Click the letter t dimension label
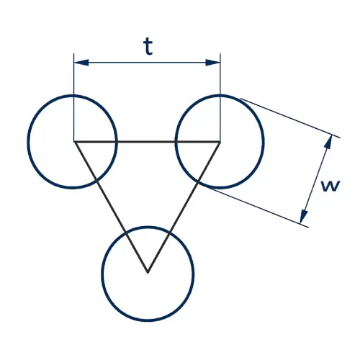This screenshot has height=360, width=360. (x=148, y=47)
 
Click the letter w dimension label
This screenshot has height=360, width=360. (x=330, y=186)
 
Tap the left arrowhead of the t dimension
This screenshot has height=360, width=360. (x=81, y=63)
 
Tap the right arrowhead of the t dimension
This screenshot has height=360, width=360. (x=213, y=63)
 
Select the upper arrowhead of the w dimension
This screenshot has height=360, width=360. (x=329, y=143)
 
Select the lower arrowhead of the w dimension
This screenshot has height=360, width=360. (x=304, y=216)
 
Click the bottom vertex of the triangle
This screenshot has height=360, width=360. (x=148, y=272)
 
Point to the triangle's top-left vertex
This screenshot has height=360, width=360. (x=74, y=142)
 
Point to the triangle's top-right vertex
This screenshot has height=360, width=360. (x=220, y=142)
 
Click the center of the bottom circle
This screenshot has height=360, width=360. (x=148, y=274)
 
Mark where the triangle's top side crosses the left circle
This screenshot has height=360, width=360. (x=117, y=142)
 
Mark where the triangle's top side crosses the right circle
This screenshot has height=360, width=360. (x=176, y=142)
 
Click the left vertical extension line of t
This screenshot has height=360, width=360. (x=74, y=98)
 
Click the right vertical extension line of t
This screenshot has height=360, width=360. (x=220, y=98)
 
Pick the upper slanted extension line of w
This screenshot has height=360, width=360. (x=290, y=118)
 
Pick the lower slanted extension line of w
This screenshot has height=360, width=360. (x=258, y=207)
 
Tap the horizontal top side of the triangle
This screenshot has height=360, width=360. (x=147, y=142)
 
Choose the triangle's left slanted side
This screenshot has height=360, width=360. (x=111, y=207)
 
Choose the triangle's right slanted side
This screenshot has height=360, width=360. (x=184, y=207)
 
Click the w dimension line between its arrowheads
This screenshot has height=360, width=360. (x=316, y=179)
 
